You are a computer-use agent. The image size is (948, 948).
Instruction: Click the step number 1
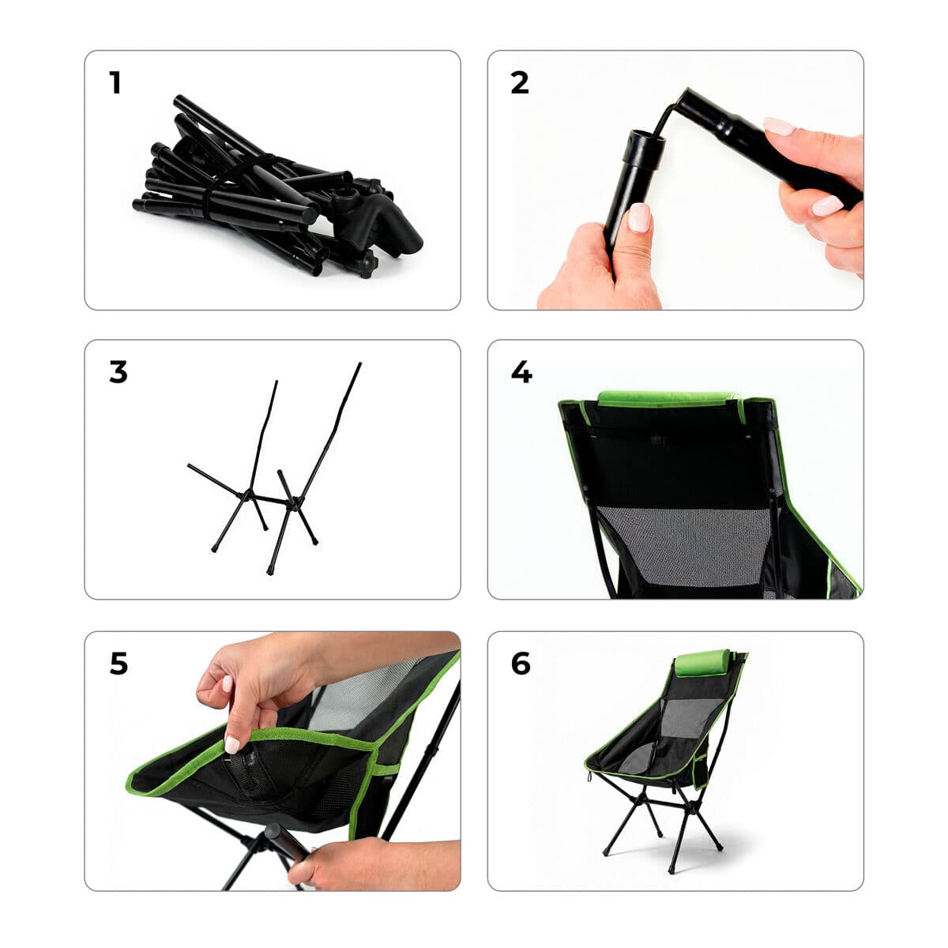(115, 83)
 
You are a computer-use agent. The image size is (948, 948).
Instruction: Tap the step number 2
(519, 83)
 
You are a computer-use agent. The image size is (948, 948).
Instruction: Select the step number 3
(118, 372)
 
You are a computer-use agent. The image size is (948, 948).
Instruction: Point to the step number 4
(521, 372)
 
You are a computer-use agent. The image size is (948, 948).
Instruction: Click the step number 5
(118, 664)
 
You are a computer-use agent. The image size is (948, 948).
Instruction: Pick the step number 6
(521, 664)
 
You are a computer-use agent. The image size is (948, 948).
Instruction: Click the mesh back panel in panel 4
(683, 545)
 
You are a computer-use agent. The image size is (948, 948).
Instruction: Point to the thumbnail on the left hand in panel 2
(638, 217)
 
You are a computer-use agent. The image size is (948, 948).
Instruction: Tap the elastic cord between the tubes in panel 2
(670, 115)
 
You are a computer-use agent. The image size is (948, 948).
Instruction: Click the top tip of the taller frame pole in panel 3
(359, 365)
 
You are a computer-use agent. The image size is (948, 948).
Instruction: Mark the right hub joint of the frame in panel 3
(294, 500)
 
